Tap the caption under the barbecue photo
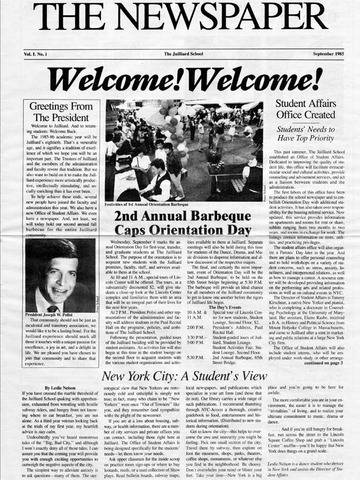click(186, 204)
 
